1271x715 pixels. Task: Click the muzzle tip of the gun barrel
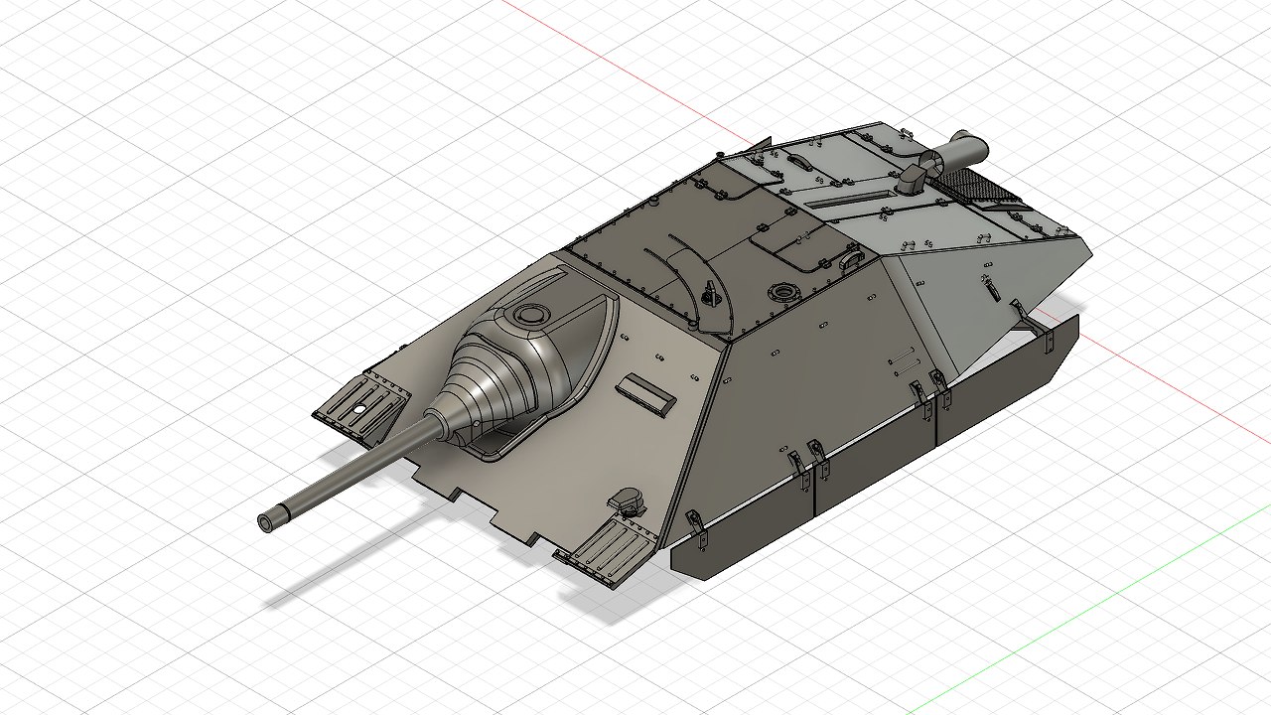267,521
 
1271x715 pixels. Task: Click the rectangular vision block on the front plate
645,393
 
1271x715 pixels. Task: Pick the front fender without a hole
608,552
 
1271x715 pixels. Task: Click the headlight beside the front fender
627,500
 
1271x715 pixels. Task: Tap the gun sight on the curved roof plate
709,293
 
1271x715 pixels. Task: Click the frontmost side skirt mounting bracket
695,526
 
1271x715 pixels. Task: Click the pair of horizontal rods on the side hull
898,357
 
